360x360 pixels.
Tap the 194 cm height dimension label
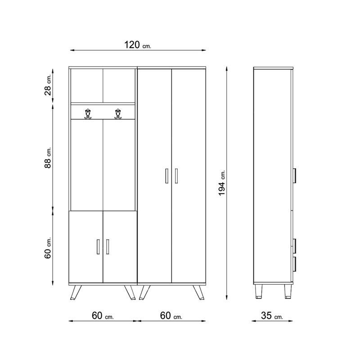pyautogui.click(x=222, y=183)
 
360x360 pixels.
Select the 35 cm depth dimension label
pyautogui.click(x=272, y=316)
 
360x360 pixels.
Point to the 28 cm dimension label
pyautogui.click(x=48, y=85)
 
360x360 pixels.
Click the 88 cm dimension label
pyautogui.click(x=48, y=157)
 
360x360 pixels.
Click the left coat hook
pyautogui.click(x=88, y=114)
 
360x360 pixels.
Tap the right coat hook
pyautogui.click(x=118, y=114)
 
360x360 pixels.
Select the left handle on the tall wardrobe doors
pyautogui.click(x=166, y=176)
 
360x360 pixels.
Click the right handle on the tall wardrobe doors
pyautogui.click(x=176, y=176)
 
